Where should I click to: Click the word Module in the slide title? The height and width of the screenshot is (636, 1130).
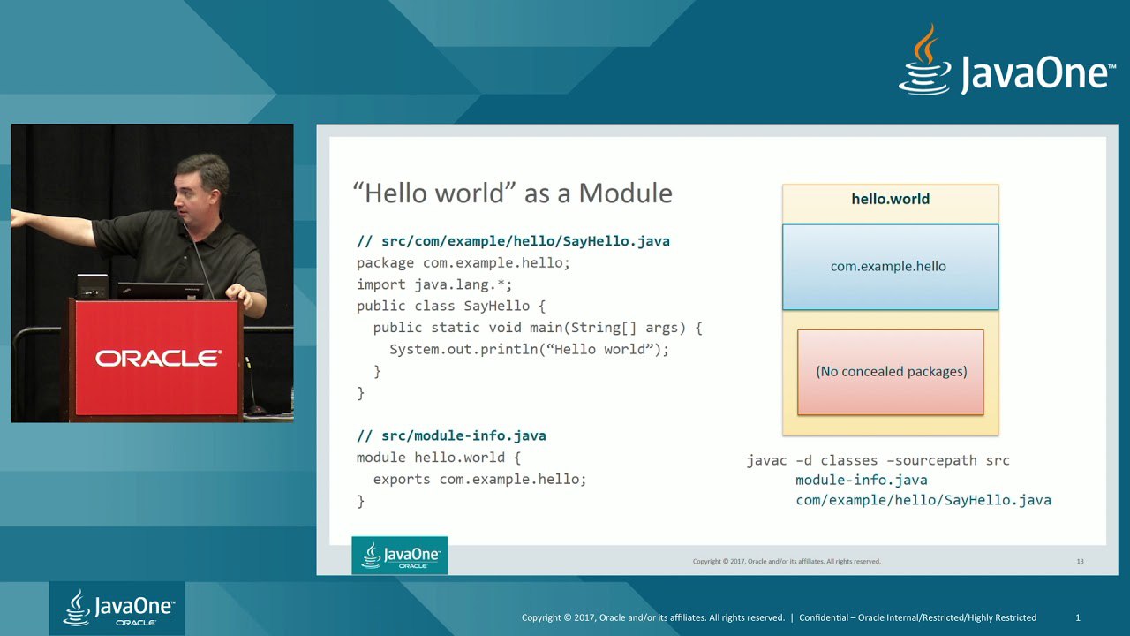626,193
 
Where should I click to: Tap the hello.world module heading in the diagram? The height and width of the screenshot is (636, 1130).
891,199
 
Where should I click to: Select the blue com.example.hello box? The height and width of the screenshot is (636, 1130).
891,267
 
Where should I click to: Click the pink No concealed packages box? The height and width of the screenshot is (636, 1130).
891,372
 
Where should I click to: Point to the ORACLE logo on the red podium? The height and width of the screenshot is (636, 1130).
158,359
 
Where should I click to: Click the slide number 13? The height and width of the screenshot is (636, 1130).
1080,561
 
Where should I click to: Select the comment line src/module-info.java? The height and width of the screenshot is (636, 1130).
451,435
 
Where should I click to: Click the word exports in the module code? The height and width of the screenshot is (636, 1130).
402,480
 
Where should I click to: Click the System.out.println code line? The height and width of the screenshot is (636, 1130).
529,349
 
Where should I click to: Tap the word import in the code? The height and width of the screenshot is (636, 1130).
380,284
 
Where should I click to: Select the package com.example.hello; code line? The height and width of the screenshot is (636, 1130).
463,263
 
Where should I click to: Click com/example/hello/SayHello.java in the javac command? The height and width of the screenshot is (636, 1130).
923,500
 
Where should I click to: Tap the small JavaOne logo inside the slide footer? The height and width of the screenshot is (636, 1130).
400,556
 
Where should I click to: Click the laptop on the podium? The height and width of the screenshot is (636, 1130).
161,291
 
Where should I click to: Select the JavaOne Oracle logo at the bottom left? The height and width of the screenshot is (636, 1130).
117,608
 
